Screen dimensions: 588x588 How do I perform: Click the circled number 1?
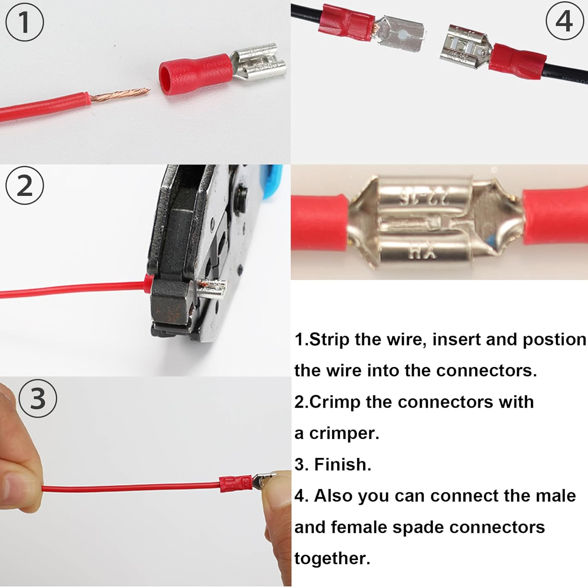24,22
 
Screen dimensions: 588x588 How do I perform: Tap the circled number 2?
24,186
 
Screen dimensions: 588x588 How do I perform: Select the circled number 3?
38,399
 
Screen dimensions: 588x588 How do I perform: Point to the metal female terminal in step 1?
259,62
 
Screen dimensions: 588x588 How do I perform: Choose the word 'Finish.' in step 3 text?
343,465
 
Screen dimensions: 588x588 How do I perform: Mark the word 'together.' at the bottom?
332,558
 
